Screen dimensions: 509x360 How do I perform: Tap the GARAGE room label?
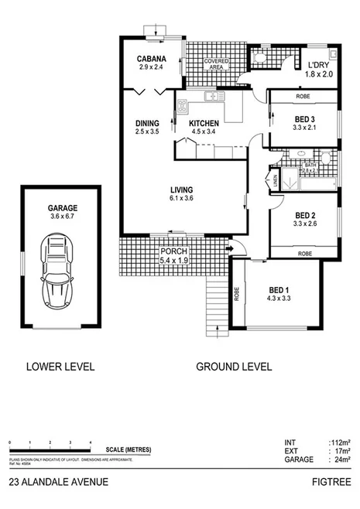(x=60, y=208)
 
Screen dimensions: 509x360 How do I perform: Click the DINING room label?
(x=147, y=123)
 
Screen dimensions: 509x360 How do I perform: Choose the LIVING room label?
(x=182, y=190)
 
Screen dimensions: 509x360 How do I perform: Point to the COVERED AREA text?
(x=214, y=63)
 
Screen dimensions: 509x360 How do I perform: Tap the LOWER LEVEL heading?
(x=60, y=367)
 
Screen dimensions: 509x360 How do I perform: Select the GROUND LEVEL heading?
(x=233, y=367)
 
